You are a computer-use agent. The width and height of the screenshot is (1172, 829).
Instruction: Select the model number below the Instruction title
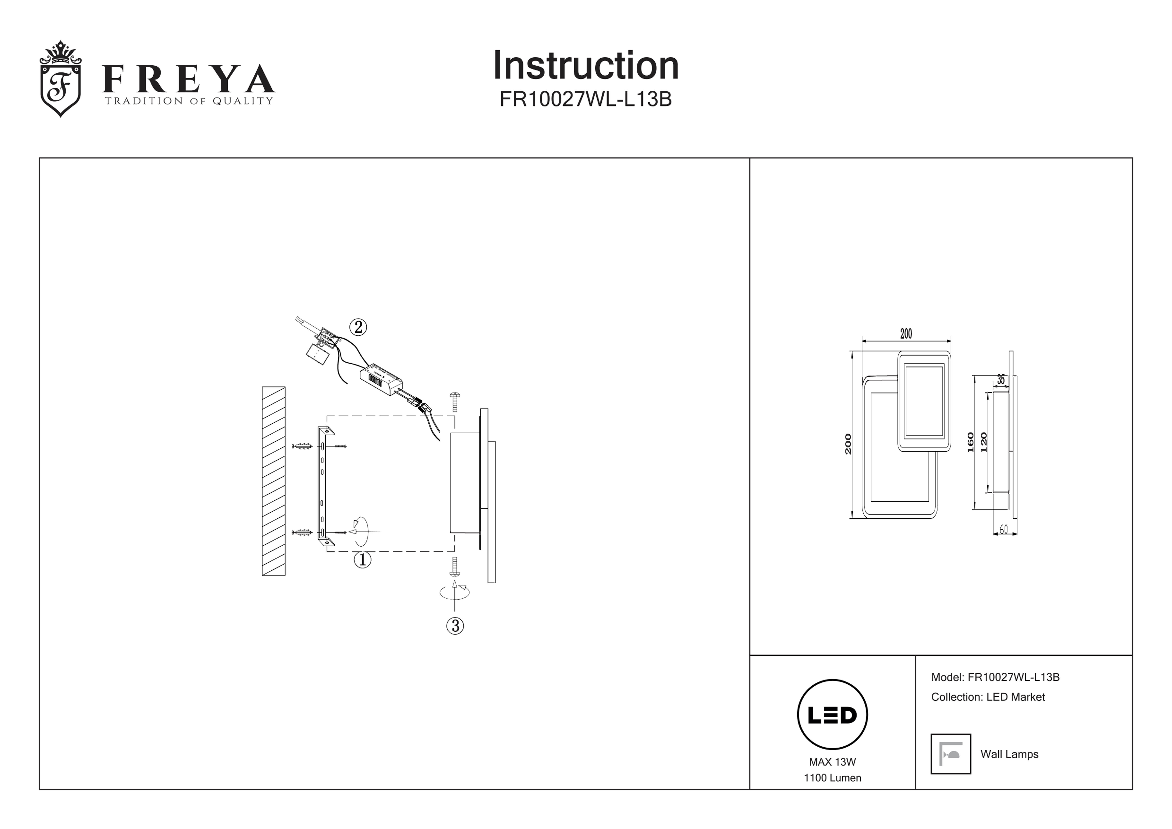586,99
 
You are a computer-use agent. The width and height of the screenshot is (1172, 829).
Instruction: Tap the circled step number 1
362,560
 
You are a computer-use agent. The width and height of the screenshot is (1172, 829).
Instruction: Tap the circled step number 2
358,327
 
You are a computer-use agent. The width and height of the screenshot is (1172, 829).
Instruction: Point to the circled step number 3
455,626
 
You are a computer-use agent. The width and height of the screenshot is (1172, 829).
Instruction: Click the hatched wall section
274,481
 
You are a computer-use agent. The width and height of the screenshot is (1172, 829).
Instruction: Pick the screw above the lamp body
455,401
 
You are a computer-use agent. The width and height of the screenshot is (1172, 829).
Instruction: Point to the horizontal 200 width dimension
906,334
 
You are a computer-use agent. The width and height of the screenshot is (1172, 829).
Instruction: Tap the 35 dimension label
1001,380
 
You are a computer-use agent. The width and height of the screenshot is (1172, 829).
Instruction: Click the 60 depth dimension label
1004,529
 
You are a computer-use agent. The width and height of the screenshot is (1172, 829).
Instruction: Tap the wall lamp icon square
951,754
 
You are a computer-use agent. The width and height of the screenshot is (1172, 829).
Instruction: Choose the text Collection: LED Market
988,697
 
